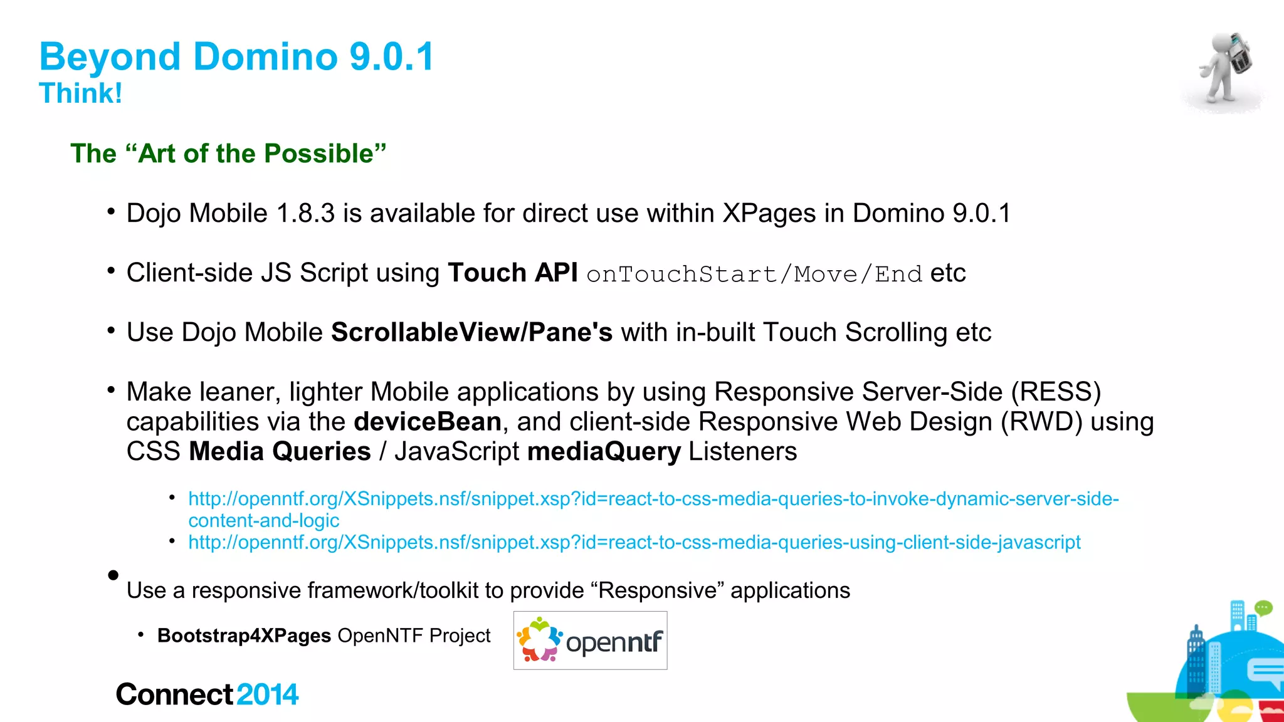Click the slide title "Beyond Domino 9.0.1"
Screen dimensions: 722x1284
[236, 57]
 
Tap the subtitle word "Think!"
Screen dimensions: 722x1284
[80, 93]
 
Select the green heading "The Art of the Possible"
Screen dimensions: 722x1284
[228, 154]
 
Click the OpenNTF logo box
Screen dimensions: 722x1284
[590, 641]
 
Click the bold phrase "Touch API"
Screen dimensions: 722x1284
[512, 273]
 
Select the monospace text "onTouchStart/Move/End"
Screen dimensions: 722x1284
[754, 275]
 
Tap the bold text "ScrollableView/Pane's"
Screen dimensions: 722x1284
[471, 333]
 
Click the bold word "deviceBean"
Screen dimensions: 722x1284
[428, 422]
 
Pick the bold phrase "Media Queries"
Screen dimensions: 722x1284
[280, 452]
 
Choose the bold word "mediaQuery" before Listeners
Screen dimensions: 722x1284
[604, 452]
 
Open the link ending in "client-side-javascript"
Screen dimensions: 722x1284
[634, 542]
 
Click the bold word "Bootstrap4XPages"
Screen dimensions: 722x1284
[244, 636]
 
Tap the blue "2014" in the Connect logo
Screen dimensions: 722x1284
[268, 695]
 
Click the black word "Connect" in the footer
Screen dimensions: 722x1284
[174, 695]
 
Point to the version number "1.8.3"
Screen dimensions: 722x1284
[305, 214]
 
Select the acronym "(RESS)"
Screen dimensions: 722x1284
[1056, 392]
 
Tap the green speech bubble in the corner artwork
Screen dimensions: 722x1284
[1263, 608]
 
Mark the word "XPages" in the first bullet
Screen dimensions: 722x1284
[769, 214]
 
